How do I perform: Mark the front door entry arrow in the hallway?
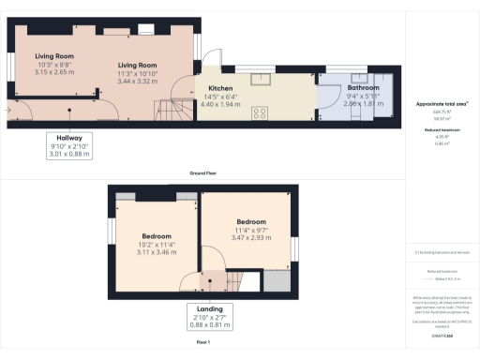coord(8,110)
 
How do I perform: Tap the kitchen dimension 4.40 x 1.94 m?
coord(218,104)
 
